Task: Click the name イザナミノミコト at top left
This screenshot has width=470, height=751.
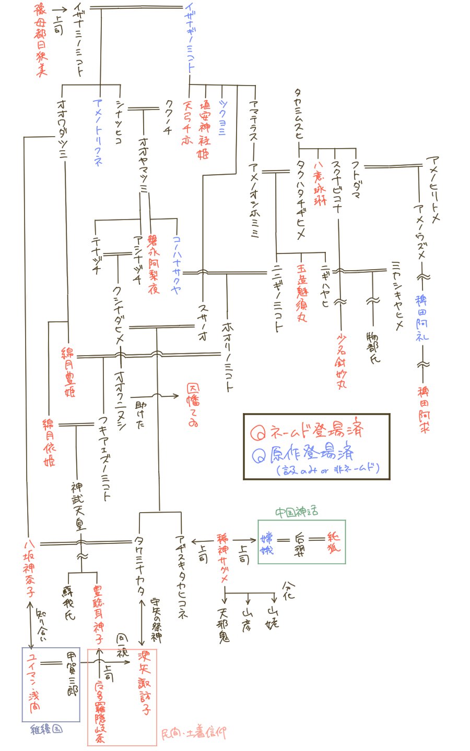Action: [79, 39]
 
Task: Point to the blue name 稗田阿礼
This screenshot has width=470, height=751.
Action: [422, 318]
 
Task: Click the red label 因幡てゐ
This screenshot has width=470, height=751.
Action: [193, 405]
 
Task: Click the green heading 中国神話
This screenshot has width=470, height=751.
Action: [297, 513]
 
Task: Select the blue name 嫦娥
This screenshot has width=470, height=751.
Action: [267, 543]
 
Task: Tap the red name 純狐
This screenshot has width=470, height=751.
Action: [334, 542]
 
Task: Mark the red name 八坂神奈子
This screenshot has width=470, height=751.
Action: [29, 568]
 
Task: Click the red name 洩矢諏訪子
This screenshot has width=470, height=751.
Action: [144, 681]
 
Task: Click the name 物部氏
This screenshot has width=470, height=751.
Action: [373, 345]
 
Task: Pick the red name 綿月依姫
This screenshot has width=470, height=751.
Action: [49, 441]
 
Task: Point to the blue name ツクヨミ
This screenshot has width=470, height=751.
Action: [222, 117]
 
